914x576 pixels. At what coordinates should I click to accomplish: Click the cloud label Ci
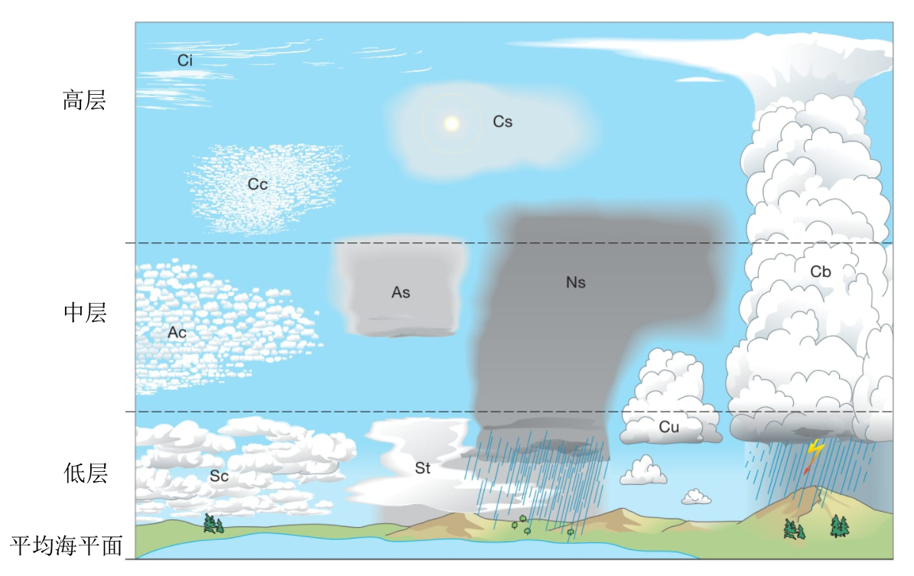185,60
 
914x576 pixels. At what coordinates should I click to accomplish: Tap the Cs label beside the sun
503,122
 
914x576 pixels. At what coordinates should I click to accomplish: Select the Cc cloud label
258,184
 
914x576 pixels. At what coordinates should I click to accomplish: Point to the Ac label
177,332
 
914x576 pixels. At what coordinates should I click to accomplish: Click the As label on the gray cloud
401,292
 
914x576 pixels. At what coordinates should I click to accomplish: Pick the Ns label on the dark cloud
576,282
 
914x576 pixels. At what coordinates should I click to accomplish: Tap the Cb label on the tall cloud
821,272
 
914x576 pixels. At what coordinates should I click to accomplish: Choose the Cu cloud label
669,427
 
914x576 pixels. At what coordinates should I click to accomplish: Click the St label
423,467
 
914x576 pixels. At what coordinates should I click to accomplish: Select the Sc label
220,477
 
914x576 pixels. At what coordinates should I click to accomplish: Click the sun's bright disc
452,124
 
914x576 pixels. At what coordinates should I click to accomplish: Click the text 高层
85,100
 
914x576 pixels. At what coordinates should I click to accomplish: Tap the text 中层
85,313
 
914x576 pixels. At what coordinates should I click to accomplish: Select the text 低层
86,473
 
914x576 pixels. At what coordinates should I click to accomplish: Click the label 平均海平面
67,546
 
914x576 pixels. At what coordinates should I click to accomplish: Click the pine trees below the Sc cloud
213,523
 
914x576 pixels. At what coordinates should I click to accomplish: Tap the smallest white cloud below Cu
697,497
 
